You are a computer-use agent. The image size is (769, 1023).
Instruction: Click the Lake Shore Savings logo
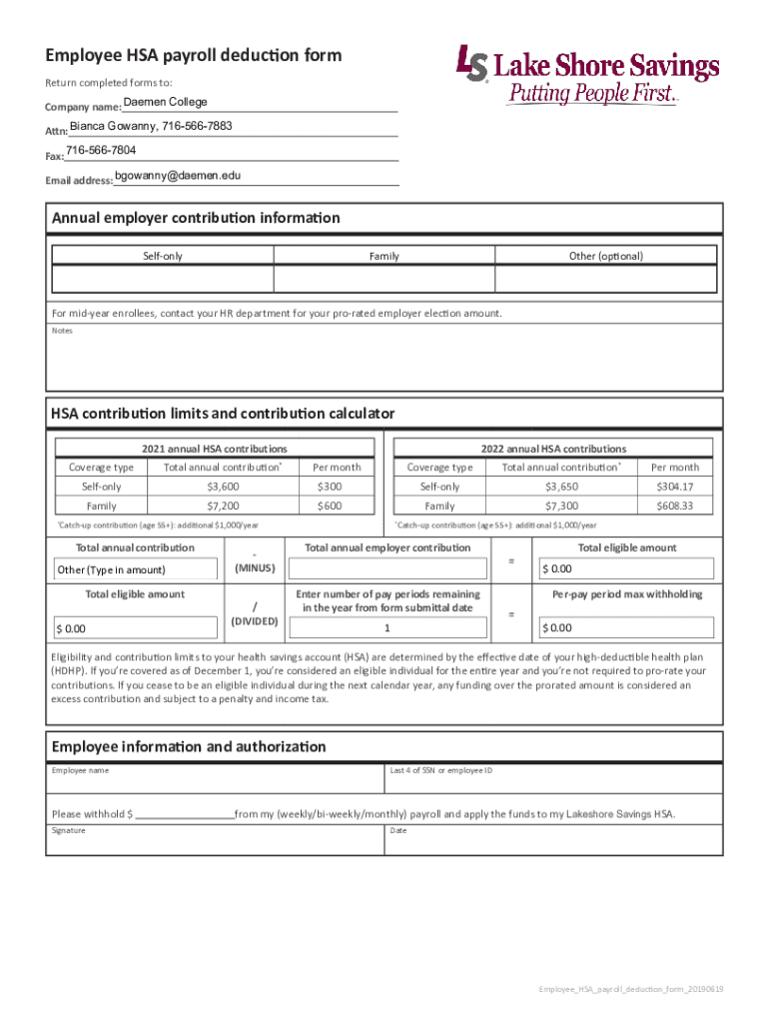586,75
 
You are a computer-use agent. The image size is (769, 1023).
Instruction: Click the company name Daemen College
165,103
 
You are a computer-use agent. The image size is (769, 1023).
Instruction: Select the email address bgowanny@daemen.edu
178,177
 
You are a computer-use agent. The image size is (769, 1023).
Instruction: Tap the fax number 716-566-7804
101,151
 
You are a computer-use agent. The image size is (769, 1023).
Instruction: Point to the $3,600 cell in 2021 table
222,487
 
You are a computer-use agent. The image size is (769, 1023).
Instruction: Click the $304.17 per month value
675,487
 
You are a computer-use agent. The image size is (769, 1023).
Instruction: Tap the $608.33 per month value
675,507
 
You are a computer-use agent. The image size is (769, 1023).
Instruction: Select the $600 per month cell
330,507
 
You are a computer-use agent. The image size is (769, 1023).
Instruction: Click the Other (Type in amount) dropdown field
134,569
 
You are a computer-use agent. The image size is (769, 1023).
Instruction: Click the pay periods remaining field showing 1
386,628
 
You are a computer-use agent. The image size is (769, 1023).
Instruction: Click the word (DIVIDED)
254,620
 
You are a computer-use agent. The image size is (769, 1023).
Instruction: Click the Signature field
216,842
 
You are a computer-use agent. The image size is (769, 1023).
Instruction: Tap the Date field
553,842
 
